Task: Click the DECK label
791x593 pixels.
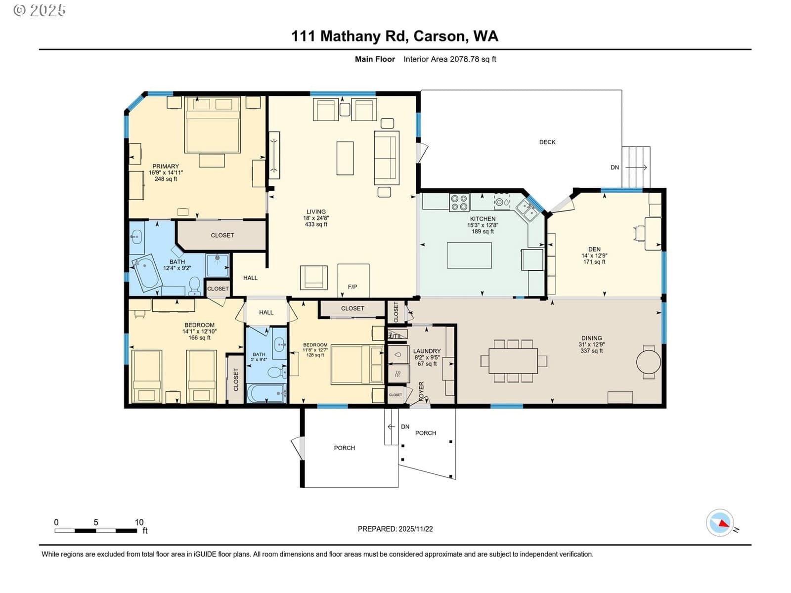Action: pyautogui.click(x=547, y=142)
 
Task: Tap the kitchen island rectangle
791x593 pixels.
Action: pyautogui.click(x=469, y=255)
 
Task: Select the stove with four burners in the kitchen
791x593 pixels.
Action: pyautogui.click(x=459, y=202)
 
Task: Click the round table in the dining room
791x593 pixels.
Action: pyautogui.click(x=648, y=362)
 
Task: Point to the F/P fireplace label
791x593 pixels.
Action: pyautogui.click(x=352, y=287)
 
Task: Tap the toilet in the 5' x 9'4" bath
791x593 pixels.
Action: pyautogui.click(x=277, y=372)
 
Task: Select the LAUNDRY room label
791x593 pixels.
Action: pyautogui.click(x=427, y=351)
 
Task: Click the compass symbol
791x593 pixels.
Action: pyautogui.click(x=720, y=522)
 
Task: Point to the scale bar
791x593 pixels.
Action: pyautogui.click(x=96, y=530)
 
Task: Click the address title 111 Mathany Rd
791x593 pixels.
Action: pyautogui.click(x=349, y=37)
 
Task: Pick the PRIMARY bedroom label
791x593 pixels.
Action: pyautogui.click(x=166, y=167)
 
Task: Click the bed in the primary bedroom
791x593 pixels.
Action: pyautogui.click(x=212, y=125)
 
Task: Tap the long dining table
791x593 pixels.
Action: pyautogui.click(x=513, y=360)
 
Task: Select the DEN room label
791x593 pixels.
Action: pyautogui.click(x=594, y=249)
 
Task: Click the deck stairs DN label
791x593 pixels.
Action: pyautogui.click(x=615, y=168)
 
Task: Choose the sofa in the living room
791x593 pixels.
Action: pyautogui.click(x=387, y=158)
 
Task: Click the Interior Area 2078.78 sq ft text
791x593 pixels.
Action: pyautogui.click(x=450, y=59)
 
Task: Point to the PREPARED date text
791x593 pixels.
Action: pyautogui.click(x=395, y=529)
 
